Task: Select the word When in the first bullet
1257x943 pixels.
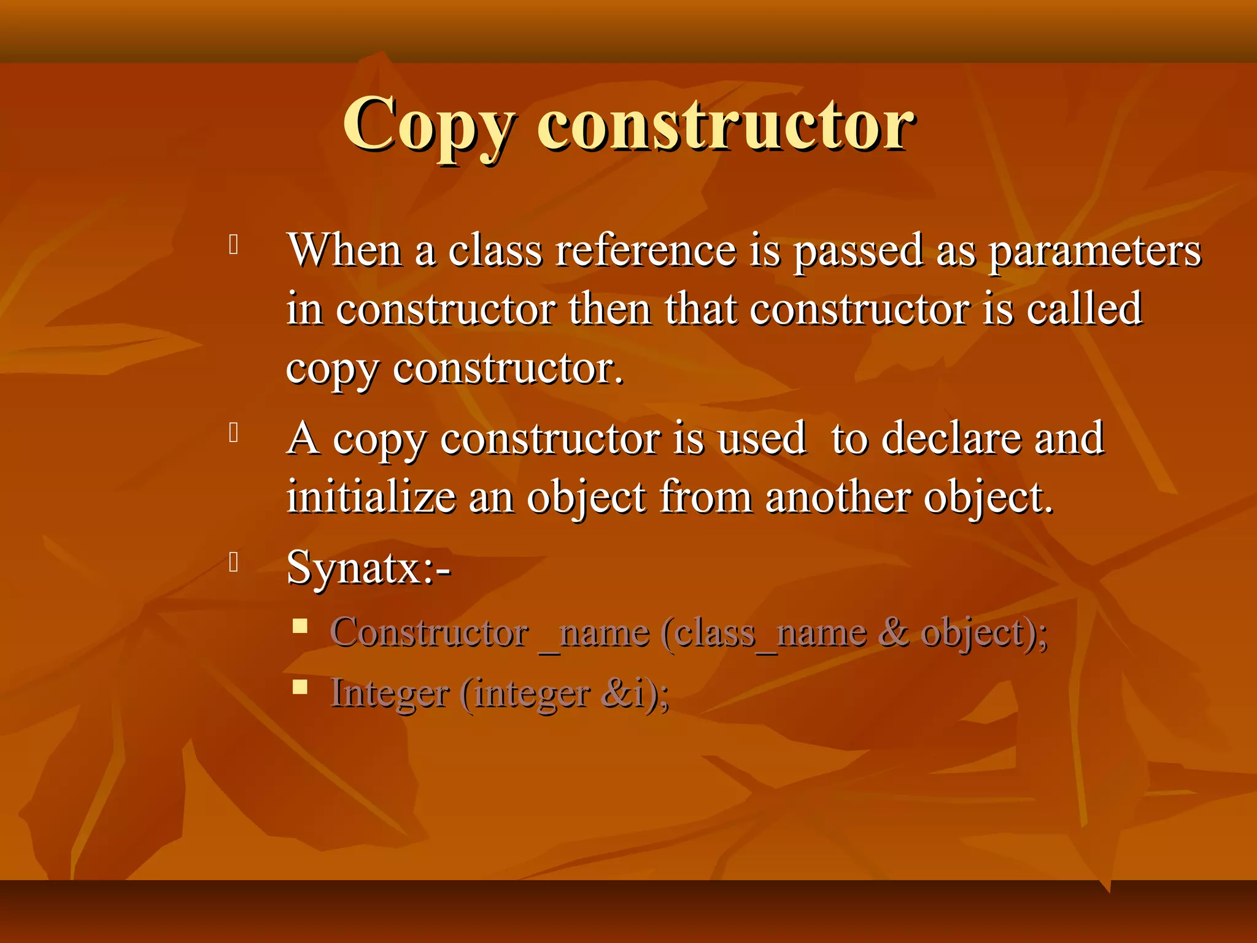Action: point(344,250)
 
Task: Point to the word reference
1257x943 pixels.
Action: point(646,250)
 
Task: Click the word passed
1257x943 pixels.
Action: point(859,250)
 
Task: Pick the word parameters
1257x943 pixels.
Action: point(1096,252)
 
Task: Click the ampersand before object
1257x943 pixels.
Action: point(894,632)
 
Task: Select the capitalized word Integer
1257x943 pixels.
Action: point(390,694)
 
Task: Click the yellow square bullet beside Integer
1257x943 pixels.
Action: point(300,686)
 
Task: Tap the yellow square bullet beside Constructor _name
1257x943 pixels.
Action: point(300,626)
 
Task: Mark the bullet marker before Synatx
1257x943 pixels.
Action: point(233,562)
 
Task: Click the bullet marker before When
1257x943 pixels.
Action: point(233,244)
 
